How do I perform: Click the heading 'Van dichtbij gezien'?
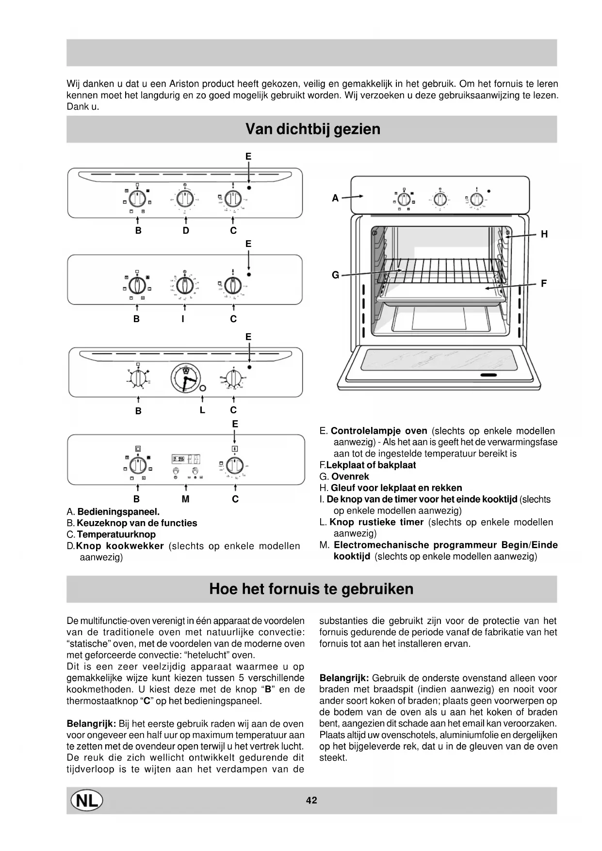(312, 129)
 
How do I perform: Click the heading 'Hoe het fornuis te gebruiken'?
(311, 589)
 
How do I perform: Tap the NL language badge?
(87, 800)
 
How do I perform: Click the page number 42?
(311, 800)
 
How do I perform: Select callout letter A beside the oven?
(335, 198)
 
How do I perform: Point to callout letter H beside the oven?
(544, 234)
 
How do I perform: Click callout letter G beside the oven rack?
(335, 275)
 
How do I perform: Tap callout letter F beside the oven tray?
(544, 283)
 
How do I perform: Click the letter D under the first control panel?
(186, 231)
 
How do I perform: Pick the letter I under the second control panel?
(183, 319)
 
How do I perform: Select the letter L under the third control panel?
(202, 410)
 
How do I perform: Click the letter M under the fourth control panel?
(185, 499)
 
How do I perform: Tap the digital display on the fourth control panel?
(186, 459)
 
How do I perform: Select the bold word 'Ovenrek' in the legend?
(350, 476)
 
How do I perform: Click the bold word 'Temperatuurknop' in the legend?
(116, 535)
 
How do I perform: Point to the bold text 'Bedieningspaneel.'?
(118, 511)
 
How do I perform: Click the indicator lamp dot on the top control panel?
(249, 187)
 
